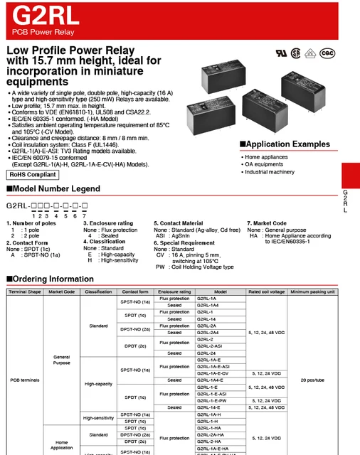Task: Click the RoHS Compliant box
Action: click(x=33, y=173)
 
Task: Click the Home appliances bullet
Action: click(x=267, y=156)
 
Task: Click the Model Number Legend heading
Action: click(x=53, y=189)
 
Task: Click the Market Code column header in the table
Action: click(x=62, y=291)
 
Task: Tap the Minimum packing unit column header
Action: click(x=313, y=291)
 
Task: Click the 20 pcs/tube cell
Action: click(x=313, y=380)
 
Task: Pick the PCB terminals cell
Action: click(x=25, y=380)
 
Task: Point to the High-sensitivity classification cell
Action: click(x=99, y=418)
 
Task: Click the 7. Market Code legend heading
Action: click(x=267, y=223)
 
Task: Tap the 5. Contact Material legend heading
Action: click(x=178, y=223)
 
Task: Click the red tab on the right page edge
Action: click(x=350, y=174)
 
